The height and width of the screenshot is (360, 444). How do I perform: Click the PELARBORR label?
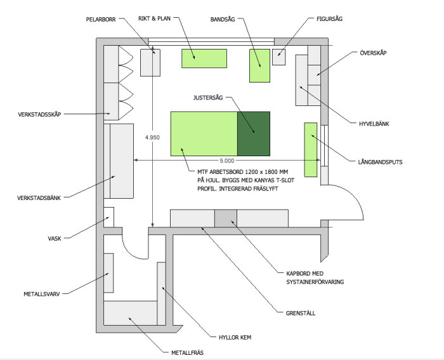(x=101, y=20)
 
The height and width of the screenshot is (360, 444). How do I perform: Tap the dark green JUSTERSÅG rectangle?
(x=254, y=134)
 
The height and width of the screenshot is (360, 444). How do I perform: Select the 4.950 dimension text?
(x=152, y=138)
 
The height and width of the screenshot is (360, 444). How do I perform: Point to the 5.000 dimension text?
(x=227, y=161)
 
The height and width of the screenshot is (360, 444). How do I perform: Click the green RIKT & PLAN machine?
(x=204, y=58)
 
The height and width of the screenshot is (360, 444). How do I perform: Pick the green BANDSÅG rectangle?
(x=259, y=66)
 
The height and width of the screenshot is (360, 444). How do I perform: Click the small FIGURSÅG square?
(x=279, y=57)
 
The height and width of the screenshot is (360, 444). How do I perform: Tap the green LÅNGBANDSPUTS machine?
(x=311, y=150)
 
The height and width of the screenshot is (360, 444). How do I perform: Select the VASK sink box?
(x=109, y=217)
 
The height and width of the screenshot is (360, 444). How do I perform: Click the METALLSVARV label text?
(x=42, y=294)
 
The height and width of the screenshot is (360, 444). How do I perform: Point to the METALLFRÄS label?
(x=187, y=353)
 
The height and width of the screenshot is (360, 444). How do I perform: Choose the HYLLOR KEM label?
(x=235, y=338)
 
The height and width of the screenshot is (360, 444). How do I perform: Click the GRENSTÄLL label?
(x=301, y=313)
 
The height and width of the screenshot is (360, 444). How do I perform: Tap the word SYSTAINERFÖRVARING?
(x=315, y=282)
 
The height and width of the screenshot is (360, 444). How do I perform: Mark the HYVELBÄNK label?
(x=374, y=124)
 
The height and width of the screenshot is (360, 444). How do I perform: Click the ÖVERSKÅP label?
(x=373, y=53)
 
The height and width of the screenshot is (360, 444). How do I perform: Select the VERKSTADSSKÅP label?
(x=39, y=114)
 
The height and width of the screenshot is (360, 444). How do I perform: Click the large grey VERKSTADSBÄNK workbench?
(x=122, y=161)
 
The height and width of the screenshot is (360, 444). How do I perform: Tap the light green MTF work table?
(x=204, y=134)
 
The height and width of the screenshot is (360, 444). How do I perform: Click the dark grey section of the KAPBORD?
(x=226, y=218)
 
